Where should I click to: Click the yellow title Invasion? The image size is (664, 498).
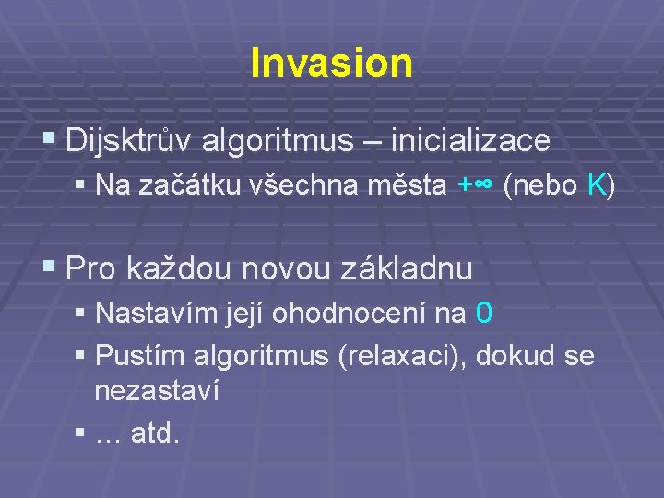(x=331, y=63)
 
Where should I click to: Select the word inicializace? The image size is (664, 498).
(x=470, y=141)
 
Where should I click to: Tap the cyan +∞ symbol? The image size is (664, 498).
(x=477, y=186)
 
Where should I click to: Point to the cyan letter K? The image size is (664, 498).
(x=596, y=186)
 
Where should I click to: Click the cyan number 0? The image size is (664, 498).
(x=484, y=314)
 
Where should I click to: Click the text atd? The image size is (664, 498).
(x=156, y=432)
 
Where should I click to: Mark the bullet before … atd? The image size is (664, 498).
(x=82, y=432)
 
